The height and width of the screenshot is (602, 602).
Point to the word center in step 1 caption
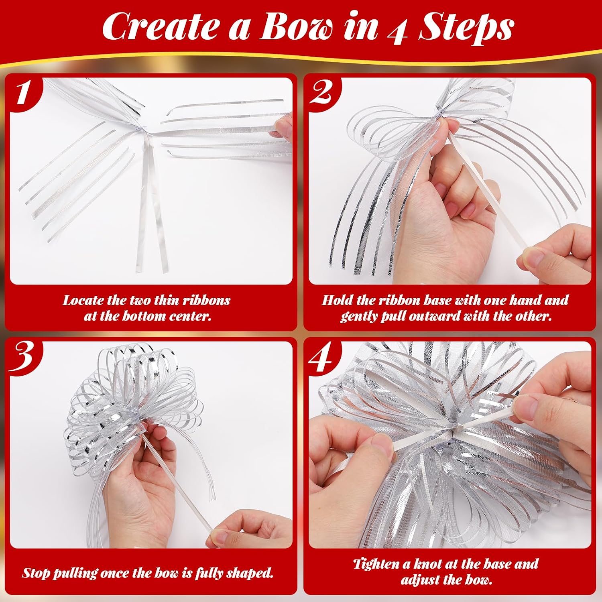[x=190, y=316]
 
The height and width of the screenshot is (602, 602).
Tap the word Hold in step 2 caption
[x=336, y=300]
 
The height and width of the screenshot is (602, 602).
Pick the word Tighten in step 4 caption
[x=376, y=564]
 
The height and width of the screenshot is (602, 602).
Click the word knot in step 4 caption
[x=425, y=564]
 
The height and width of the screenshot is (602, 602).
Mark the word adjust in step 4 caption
[x=422, y=580]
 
